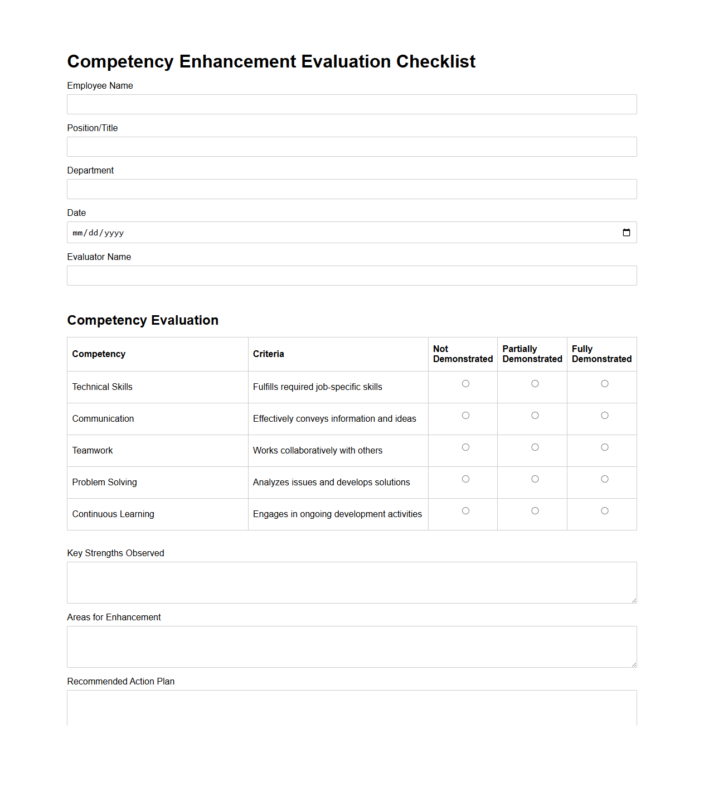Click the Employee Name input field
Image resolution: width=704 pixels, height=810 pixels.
352,104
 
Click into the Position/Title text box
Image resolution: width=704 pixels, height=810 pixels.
352,147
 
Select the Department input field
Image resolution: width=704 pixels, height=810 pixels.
352,189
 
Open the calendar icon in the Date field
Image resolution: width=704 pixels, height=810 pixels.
627,233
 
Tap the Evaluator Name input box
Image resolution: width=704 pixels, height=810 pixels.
352,276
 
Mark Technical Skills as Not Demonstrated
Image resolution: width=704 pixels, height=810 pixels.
465,384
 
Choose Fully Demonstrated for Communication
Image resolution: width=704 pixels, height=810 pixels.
604,416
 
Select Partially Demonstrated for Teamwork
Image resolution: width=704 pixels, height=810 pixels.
535,447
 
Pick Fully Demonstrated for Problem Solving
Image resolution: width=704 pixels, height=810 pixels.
604,479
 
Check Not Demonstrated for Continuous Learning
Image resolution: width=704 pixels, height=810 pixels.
465,511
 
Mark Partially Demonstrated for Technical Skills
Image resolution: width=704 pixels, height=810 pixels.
535,384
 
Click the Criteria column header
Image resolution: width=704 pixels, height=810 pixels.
269,354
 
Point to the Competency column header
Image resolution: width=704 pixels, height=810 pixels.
99,354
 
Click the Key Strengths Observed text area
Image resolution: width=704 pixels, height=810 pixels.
352,582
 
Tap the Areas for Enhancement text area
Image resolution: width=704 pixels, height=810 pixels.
352,647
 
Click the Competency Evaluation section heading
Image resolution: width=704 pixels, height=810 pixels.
143,320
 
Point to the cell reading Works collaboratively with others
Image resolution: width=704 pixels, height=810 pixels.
318,451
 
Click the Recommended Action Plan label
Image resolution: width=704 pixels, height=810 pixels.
121,682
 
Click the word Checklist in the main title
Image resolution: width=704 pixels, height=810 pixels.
436,61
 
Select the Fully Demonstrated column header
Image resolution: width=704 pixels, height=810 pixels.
601,354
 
